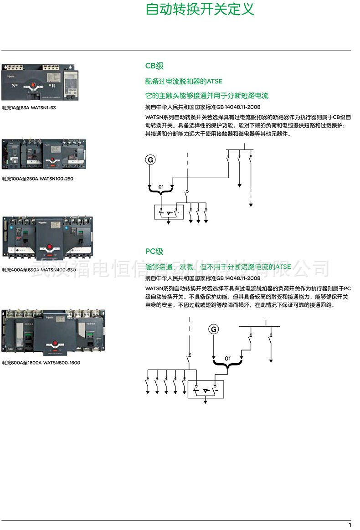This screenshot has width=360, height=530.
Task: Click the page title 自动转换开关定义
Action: [200, 10]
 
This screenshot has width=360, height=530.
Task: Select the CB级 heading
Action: [154, 66]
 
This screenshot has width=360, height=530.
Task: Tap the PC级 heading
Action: [154, 251]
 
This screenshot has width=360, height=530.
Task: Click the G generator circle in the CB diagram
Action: [150, 160]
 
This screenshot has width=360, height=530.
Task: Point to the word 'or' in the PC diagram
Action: [227, 358]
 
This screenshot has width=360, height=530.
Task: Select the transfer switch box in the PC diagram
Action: [206, 390]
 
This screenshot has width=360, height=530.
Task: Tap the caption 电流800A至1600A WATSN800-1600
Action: [41, 363]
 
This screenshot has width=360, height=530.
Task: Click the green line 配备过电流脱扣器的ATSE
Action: [184, 82]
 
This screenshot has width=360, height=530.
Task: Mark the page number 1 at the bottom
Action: [350, 525]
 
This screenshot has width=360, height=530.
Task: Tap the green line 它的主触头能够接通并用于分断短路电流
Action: [207, 96]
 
